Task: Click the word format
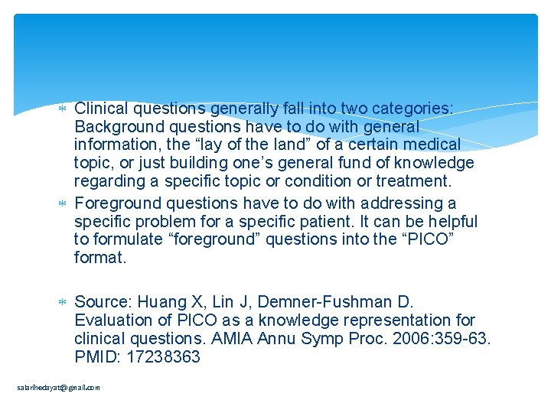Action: point(99,259)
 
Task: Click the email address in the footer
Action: point(59,388)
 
